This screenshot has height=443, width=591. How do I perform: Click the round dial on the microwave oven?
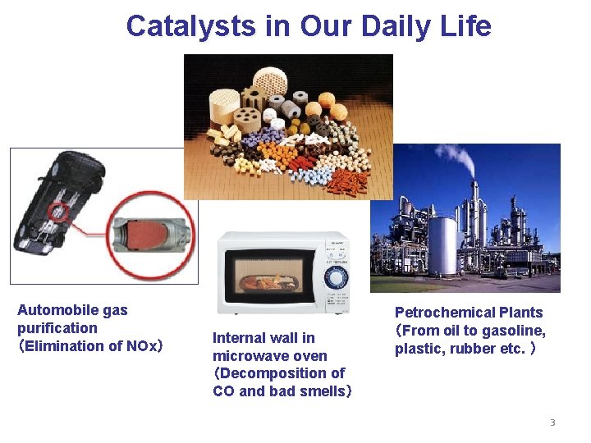(336, 277)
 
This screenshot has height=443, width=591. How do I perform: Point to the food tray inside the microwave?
(268, 282)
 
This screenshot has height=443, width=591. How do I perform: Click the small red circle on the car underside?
(57, 212)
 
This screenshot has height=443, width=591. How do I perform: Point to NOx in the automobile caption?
(140, 346)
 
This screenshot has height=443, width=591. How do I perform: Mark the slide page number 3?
(552, 422)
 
